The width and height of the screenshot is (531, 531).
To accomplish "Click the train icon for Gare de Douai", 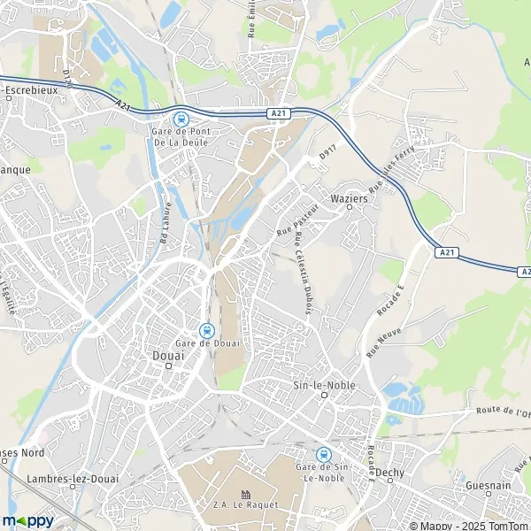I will (x=207, y=329).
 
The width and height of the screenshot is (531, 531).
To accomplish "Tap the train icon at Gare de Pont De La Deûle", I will (x=181, y=119).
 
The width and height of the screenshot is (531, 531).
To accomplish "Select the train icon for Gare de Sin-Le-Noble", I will (x=322, y=454).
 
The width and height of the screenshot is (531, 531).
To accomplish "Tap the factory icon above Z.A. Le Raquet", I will (x=245, y=494).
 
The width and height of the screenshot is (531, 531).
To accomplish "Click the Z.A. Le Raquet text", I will (x=245, y=504).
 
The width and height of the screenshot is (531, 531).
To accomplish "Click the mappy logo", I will (x=27, y=519).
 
